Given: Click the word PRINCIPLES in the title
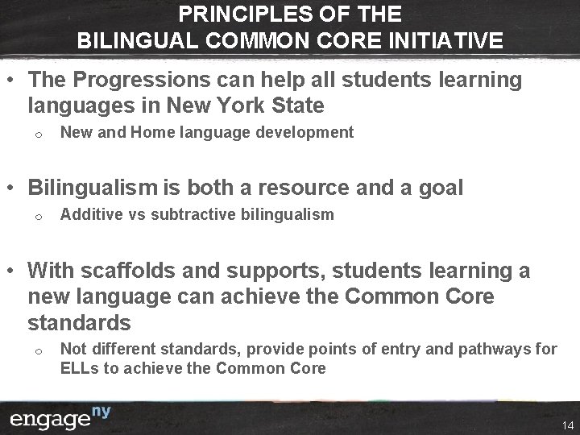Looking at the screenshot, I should pyautogui.click(x=230, y=14).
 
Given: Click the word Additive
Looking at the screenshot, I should pyautogui.click(x=87, y=215).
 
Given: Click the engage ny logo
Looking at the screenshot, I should pyautogui.click(x=60, y=419).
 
